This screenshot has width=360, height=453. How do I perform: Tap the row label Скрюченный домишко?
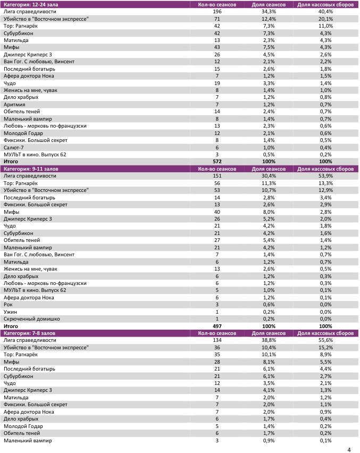click(x=31, y=318)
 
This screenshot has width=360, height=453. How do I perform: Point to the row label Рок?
click(x=9, y=305)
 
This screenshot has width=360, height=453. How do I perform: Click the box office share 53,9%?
click(x=326, y=176)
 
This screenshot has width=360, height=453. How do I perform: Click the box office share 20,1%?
click(x=326, y=19)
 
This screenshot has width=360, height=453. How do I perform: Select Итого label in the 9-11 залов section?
click(x=11, y=326)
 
